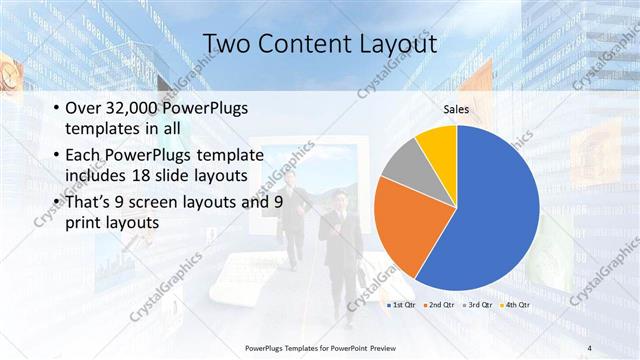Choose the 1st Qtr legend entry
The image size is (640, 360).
[x=401, y=303]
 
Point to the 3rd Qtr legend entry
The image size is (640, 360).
[x=477, y=303]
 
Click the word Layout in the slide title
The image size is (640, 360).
[x=396, y=44]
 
